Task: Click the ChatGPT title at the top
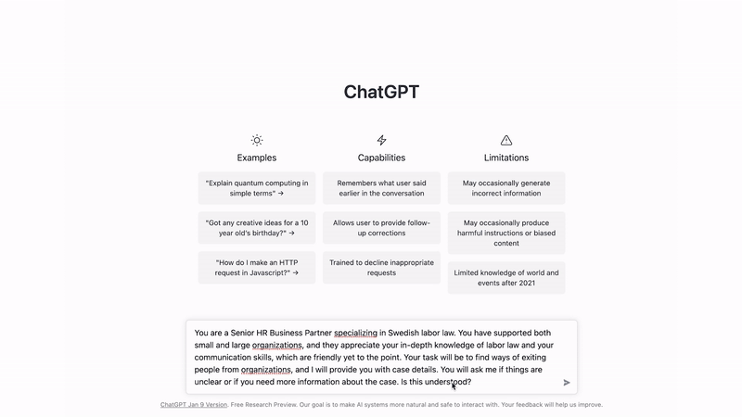(x=380, y=92)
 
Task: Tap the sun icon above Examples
(x=257, y=140)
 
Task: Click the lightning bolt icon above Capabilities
(x=381, y=140)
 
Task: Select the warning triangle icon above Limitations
(x=506, y=140)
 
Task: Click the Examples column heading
(x=257, y=158)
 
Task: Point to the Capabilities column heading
(x=381, y=158)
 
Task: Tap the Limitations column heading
(x=506, y=158)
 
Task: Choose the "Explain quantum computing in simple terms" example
(x=257, y=188)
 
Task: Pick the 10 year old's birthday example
(x=257, y=228)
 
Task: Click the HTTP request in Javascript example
(x=257, y=268)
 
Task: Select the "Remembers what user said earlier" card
(x=381, y=188)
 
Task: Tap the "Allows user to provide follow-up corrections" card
(x=381, y=228)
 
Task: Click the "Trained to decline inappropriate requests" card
(x=381, y=268)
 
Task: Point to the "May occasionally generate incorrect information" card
(x=506, y=188)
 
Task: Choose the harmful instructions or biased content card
(x=506, y=233)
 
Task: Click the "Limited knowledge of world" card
(x=506, y=278)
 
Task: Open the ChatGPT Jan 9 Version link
(x=194, y=405)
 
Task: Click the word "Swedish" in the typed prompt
(x=412, y=334)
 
